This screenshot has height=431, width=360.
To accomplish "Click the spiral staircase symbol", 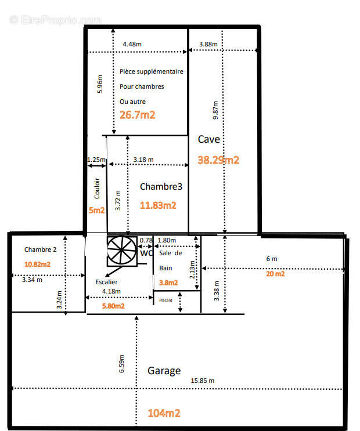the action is click(122, 251).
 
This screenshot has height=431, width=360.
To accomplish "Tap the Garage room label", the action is click(164, 371).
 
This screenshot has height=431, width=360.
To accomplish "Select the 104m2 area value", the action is click(164, 413).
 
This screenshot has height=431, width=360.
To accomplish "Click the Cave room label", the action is click(209, 139).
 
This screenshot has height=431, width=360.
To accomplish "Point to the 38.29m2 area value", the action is click(218, 160).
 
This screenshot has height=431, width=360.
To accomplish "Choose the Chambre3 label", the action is click(161, 187).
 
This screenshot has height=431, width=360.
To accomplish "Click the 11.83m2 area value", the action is click(158, 205).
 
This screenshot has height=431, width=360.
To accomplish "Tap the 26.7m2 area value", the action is click(138, 115).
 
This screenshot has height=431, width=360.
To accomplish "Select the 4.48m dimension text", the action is click(132, 44).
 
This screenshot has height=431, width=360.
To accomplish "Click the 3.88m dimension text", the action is click(208, 44).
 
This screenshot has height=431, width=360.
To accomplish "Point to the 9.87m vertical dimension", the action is click(215, 110).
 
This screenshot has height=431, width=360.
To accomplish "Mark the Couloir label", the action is click(97, 189).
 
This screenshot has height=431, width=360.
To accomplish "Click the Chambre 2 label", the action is click(40, 249).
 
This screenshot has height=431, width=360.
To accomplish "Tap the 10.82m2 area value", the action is click(37, 265).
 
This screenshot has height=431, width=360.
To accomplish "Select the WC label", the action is click(146, 253).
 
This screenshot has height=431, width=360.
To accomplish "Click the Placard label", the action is click(165, 300).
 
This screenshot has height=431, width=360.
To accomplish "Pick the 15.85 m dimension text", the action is click(202, 381).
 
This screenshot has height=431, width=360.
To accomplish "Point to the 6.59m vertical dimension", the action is click(121, 364).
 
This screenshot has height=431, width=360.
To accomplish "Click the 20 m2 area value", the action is click(275, 274).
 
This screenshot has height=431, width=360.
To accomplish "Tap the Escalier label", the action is click(106, 282).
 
